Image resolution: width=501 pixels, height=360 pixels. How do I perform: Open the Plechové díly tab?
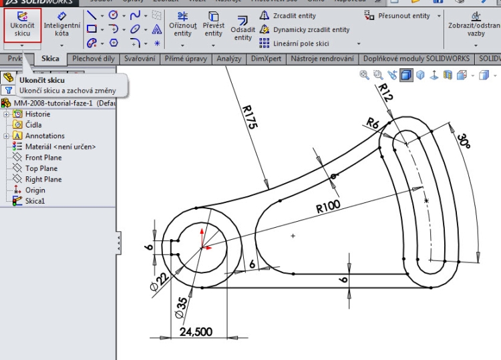click(x=93, y=59)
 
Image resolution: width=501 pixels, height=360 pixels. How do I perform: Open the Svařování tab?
click(x=140, y=59)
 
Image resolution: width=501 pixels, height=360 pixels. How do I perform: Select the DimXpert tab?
click(x=265, y=59)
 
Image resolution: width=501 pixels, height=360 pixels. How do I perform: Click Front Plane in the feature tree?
click(x=43, y=158)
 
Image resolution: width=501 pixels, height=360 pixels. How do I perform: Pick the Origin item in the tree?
click(x=35, y=190)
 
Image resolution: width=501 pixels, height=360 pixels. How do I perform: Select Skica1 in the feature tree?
click(x=35, y=201)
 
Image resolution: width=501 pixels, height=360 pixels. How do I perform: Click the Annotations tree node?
click(x=45, y=136)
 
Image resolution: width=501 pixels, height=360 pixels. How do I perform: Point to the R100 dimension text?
click(x=329, y=208)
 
